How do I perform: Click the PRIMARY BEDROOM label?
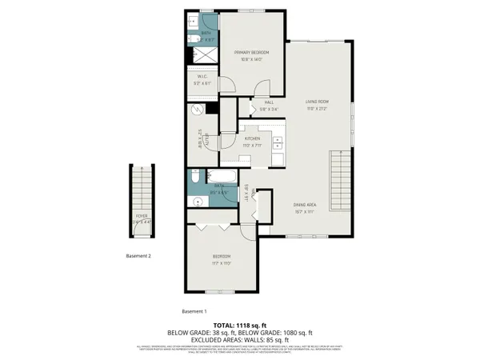(251, 53)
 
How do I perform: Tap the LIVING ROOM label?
(318, 102)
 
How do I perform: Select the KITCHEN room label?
(253, 138)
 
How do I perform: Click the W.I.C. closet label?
(202, 77)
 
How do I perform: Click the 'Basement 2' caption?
(139, 256)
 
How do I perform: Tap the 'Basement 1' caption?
(194, 310)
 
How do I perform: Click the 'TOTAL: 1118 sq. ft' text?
(239, 324)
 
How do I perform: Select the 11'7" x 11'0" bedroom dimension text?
(222, 262)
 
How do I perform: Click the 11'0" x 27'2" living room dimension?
(318, 109)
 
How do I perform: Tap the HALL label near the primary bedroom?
(270, 102)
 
